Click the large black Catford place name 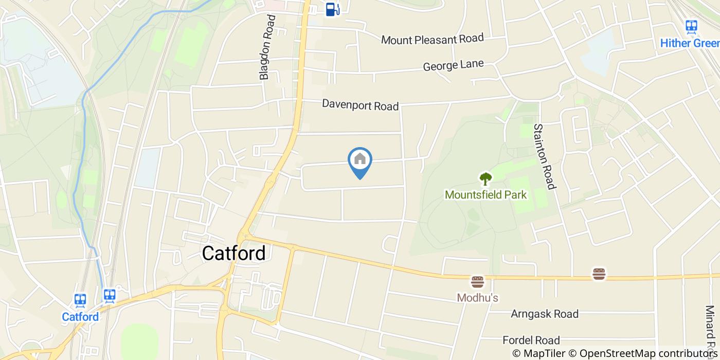pos(233,253)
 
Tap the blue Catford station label pos(80,317)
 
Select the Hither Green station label pos(690,43)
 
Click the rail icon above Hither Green pos(691,26)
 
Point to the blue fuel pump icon pos(332,9)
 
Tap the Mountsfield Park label pos(485,195)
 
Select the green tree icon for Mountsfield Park pos(485,179)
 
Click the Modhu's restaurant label pos(477,298)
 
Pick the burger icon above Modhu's pos(477,282)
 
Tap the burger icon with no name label pos(599,274)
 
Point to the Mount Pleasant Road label pos(433,39)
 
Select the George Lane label pos(453,65)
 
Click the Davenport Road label pos(360,104)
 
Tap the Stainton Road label pos(545,156)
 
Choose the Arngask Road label pos(544,314)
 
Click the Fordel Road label pos(531,340)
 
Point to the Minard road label pos(710,329)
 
